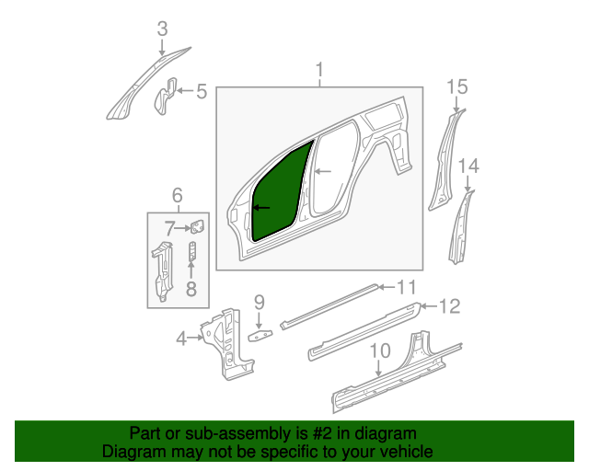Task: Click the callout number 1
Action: point(320,70)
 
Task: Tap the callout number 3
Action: point(162,29)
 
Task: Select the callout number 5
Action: point(201,91)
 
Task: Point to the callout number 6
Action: point(177,194)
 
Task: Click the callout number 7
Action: point(170,227)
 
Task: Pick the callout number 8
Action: point(191,290)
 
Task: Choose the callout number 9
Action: point(260,301)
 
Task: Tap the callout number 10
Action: point(379,350)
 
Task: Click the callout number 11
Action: point(406,286)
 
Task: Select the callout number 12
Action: point(448,306)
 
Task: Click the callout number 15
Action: point(457,87)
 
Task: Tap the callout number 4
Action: point(182,338)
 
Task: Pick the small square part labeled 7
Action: point(197,226)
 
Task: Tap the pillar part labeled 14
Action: point(460,230)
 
